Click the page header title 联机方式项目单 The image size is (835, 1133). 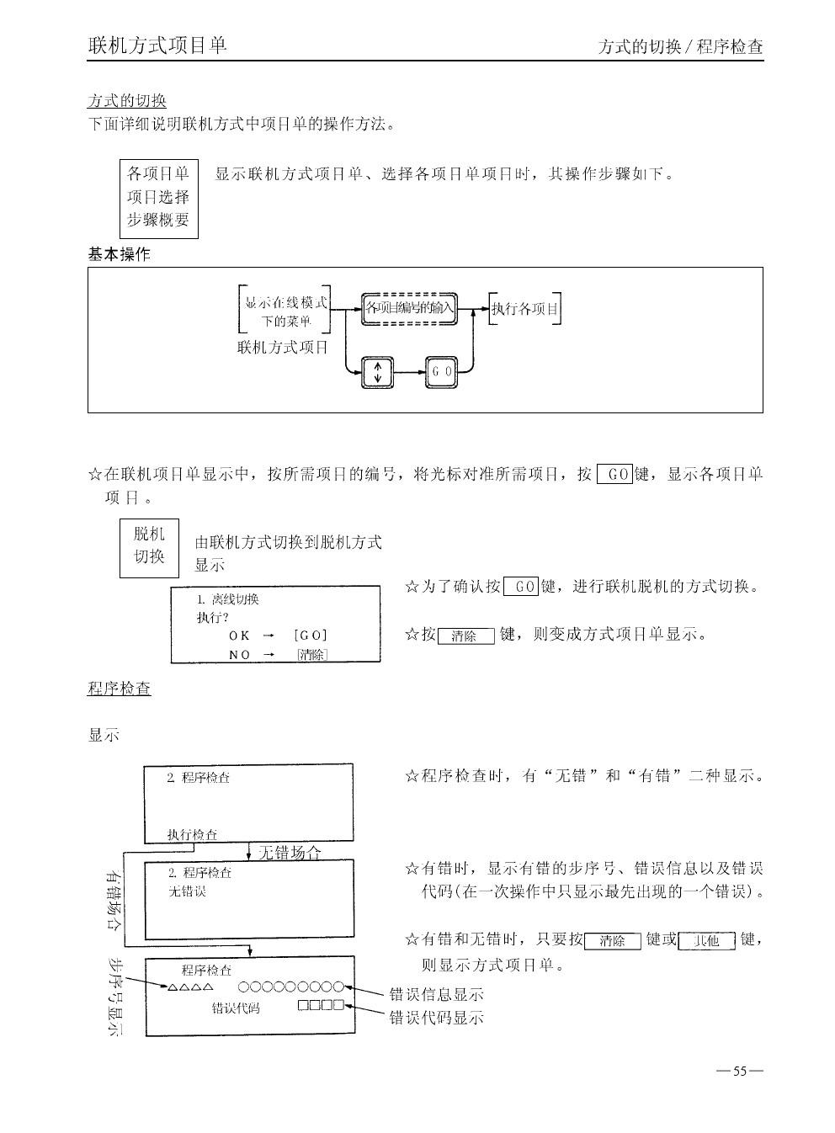click(x=157, y=45)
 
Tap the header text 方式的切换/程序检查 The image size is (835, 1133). click(x=680, y=47)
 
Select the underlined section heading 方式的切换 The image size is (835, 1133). click(x=127, y=101)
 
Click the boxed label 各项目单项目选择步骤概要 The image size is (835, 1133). click(x=158, y=199)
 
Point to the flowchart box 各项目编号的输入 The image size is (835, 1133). click(x=409, y=308)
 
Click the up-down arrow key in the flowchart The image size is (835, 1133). click(x=378, y=371)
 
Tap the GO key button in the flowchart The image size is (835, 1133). click(x=442, y=371)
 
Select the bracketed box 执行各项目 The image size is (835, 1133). click(x=525, y=309)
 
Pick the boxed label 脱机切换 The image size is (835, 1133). click(x=149, y=545)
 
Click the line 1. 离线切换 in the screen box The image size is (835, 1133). click(x=227, y=599)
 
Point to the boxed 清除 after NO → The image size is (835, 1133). click(x=311, y=655)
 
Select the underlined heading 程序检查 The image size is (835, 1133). click(x=119, y=689)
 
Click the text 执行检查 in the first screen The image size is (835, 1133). click(x=192, y=834)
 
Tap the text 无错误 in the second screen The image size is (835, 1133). click(x=187, y=891)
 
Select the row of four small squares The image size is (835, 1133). click(x=321, y=1005)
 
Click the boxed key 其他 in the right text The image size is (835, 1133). click(x=706, y=941)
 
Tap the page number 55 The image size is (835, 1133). click(x=740, y=1072)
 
